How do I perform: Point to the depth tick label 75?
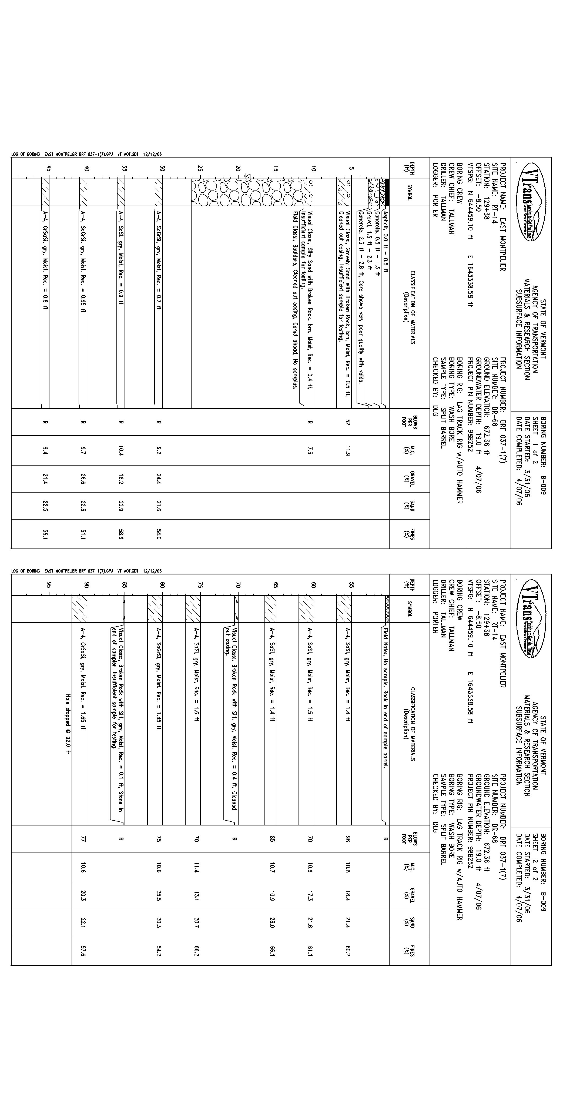click(x=200, y=584)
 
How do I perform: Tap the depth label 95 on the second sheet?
click(x=49, y=584)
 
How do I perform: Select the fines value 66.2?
click(x=196, y=951)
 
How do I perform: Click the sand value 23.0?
click(x=272, y=923)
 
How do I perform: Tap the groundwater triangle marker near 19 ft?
click(x=248, y=176)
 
